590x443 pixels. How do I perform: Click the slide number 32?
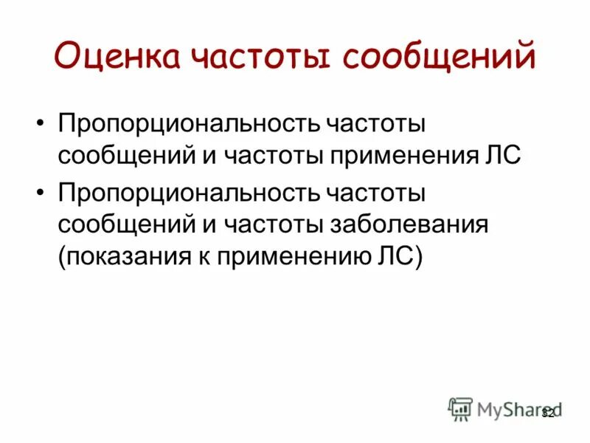click(547, 414)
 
